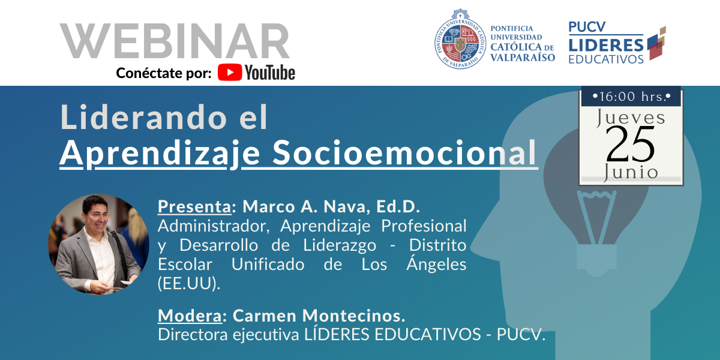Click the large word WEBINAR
point(175,41)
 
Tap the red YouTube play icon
point(229,73)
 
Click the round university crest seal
point(460,39)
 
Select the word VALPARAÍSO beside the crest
point(523,58)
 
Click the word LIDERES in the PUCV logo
point(606,46)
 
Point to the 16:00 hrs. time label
point(631,97)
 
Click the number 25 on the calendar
point(631,144)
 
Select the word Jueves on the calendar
point(631,118)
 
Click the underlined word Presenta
point(194,206)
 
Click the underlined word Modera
point(190,316)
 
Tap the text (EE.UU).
point(189,283)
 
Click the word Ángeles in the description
point(436,263)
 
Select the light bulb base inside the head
point(597,260)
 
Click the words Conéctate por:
point(164,73)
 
